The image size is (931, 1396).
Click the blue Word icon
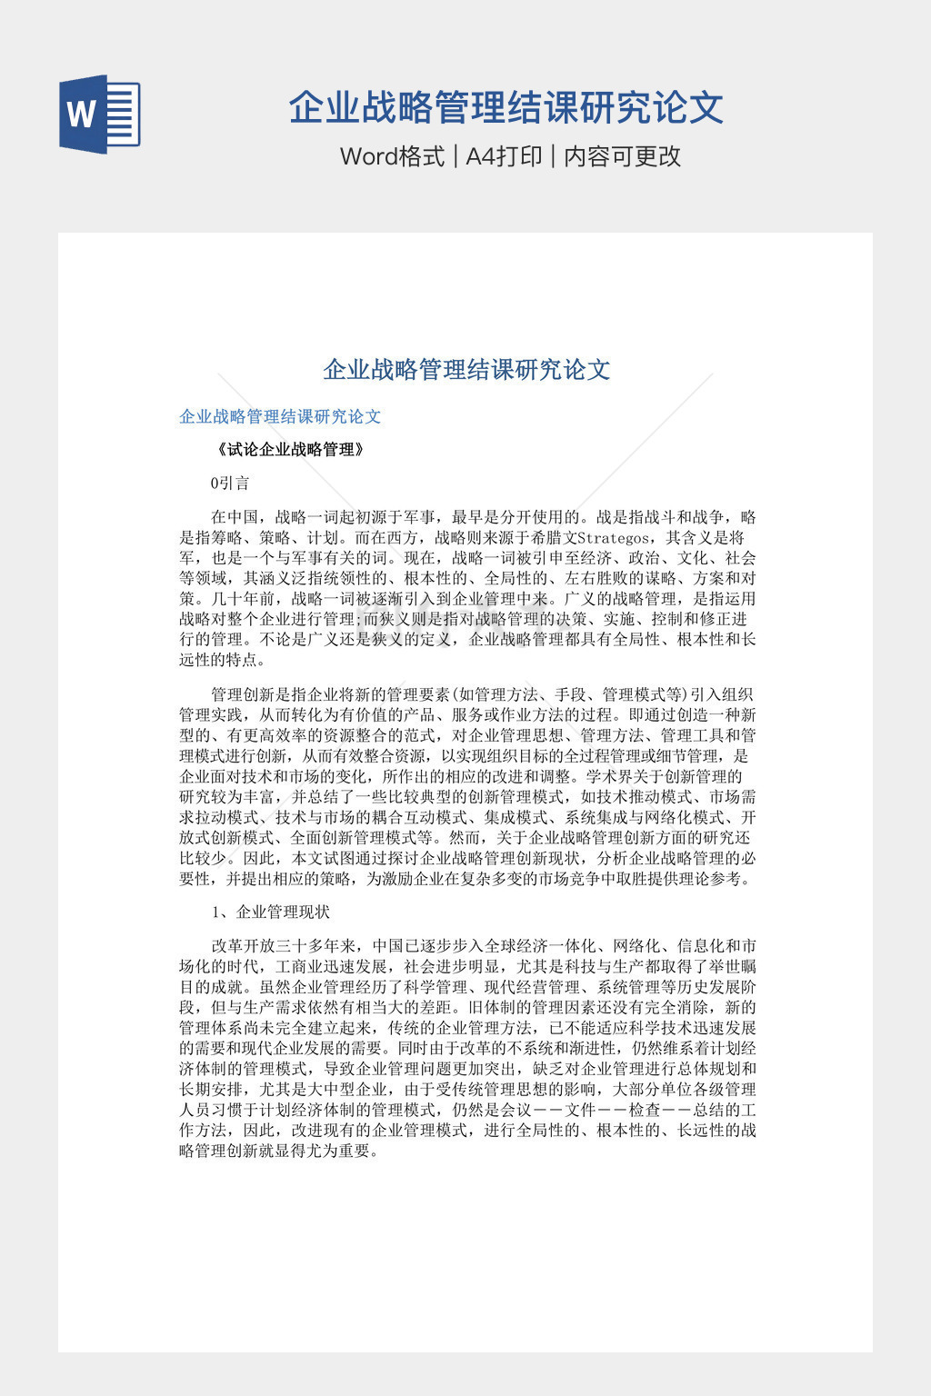pyautogui.click(x=100, y=114)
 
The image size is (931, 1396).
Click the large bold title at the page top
pyautogui.click(x=506, y=107)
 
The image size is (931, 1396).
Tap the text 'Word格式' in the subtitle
pyautogui.click(x=392, y=156)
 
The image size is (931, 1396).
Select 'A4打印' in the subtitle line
pyautogui.click(x=504, y=156)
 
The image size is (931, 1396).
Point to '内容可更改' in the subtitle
pyautogui.click(x=623, y=156)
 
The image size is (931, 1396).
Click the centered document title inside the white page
pyautogui.click(x=466, y=369)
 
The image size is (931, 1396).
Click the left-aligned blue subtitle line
pyautogui.click(x=280, y=416)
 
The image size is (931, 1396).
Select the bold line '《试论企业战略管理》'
pyautogui.click(x=290, y=449)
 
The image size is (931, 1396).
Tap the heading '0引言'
pyautogui.click(x=229, y=483)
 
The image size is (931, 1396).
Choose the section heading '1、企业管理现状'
pyautogui.click(x=270, y=912)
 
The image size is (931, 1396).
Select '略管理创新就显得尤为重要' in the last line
pyautogui.click(x=277, y=1151)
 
